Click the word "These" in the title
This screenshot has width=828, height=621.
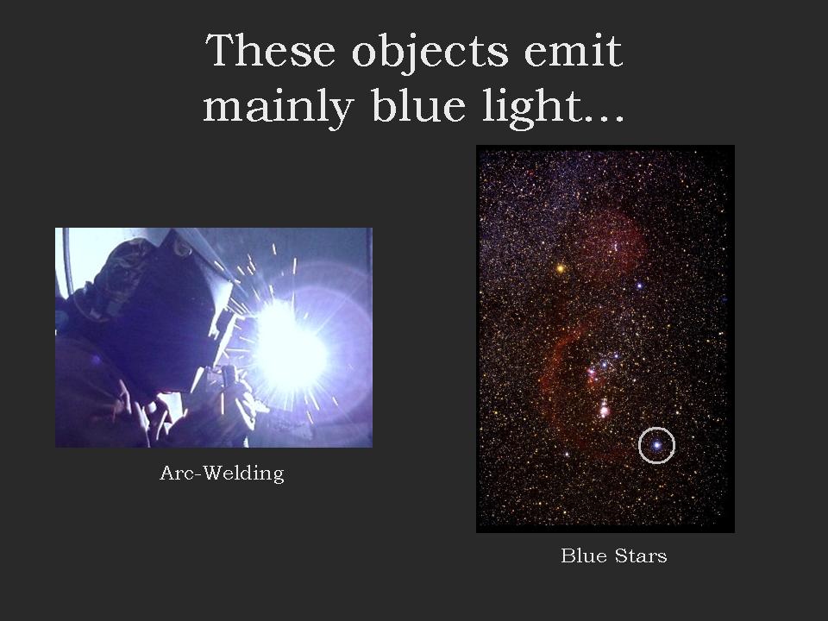[270, 51]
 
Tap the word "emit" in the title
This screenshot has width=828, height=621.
[574, 51]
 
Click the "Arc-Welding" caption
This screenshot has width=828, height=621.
[222, 474]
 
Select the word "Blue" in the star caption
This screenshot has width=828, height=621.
[584, 555]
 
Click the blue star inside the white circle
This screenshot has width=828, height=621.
[656, 445]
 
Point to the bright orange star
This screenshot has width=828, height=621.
[561, 269]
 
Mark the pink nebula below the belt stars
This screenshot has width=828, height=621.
[603, 408]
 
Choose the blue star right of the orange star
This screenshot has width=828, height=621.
[639, 285]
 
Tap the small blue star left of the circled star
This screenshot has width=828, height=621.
[568, 454]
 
